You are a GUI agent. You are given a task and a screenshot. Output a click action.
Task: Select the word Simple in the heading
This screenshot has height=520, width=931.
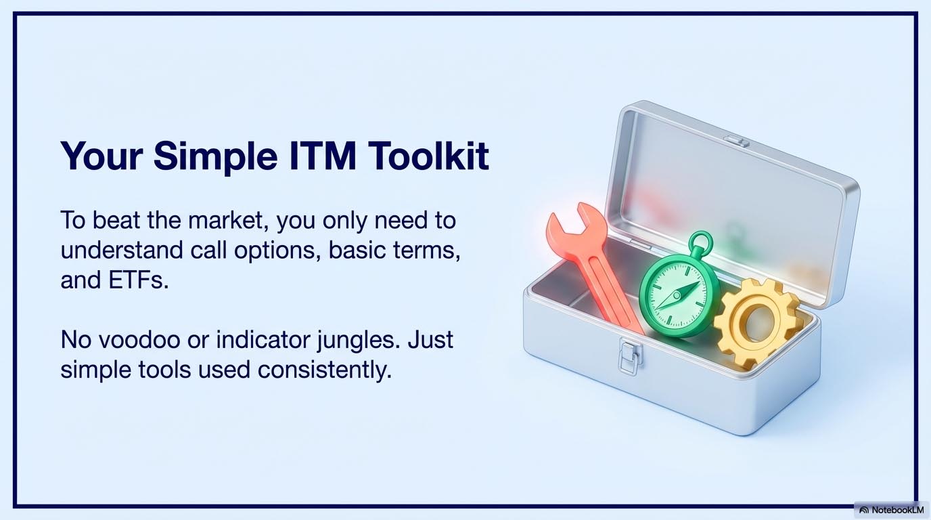click(x=215, y=158)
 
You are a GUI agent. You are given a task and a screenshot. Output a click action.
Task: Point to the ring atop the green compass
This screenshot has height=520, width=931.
click(x=700, y=242)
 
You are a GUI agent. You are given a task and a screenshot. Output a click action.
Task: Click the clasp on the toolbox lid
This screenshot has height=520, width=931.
click(x=736, y=142)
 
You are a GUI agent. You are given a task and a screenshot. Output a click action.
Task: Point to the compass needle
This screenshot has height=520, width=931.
click(x=677, y=296)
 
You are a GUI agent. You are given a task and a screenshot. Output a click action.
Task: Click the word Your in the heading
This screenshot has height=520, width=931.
click(x=101, y=156)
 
